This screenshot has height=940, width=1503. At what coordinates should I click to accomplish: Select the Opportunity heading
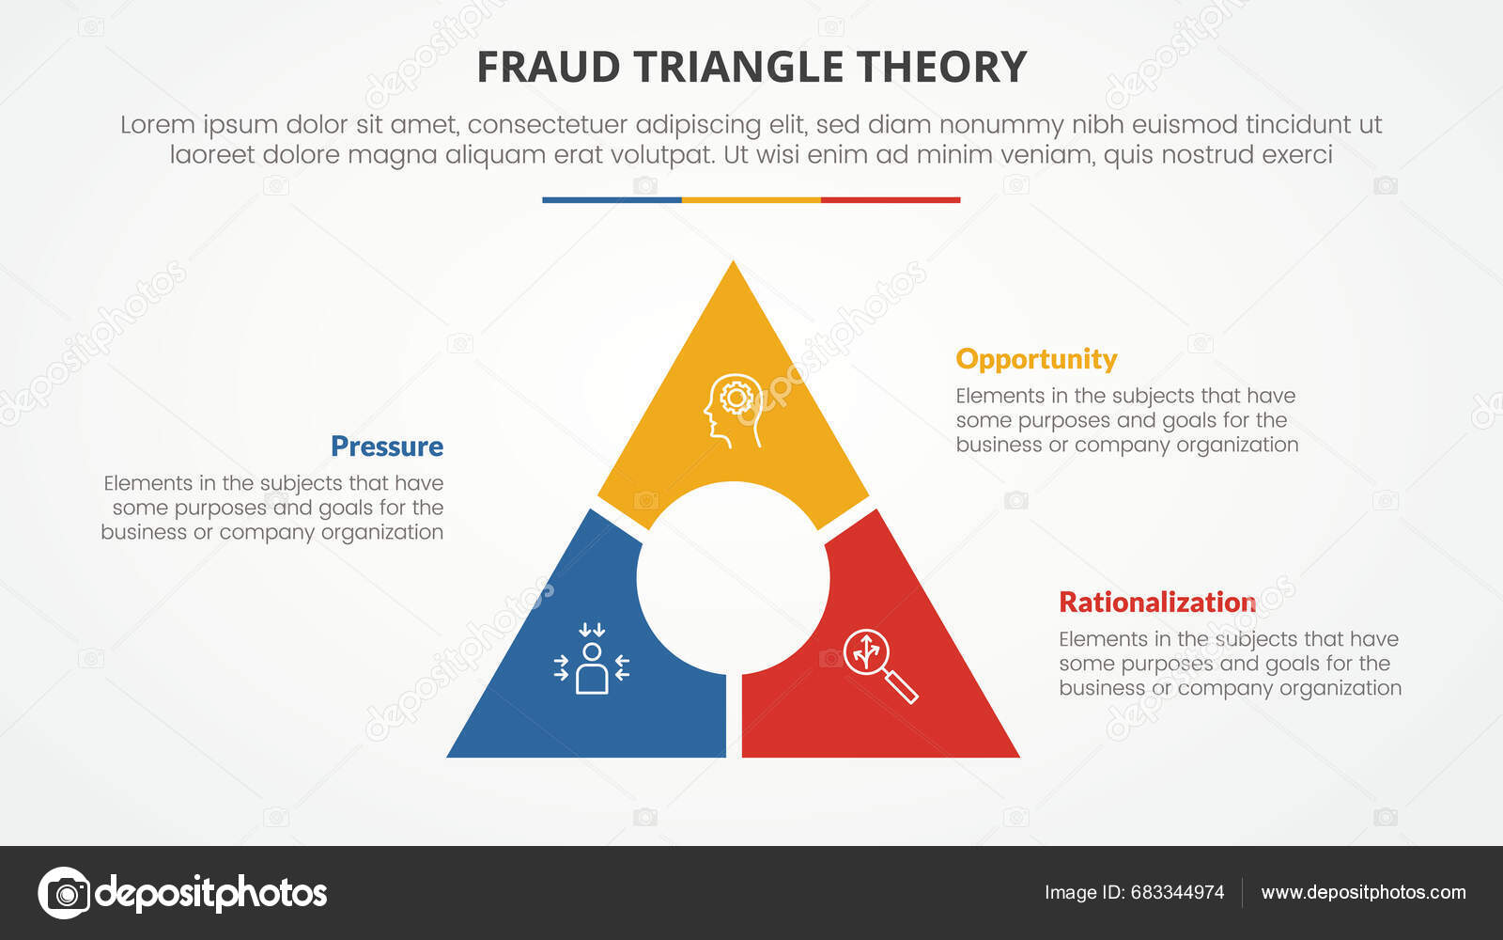click(x=1036, y=359)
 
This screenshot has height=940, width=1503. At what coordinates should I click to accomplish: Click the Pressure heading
click(x=386, y=446)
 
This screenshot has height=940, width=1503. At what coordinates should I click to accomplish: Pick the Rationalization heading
click(x=1157, y=602)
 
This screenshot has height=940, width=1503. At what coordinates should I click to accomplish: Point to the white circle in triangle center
click(x=733, y=578)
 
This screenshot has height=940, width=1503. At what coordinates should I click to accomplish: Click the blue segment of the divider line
click(x=612, y=200)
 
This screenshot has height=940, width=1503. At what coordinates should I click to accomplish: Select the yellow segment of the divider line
click(x=751, y=200)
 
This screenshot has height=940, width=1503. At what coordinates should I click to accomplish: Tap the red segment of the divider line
click(x=891, y=200)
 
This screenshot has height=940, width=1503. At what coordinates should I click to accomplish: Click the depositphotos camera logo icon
click(x=64, y=892)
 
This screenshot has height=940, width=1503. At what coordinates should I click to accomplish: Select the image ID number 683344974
click(x=1177, y=892)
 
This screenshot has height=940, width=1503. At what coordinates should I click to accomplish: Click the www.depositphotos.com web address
click(x=1363, y=892)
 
